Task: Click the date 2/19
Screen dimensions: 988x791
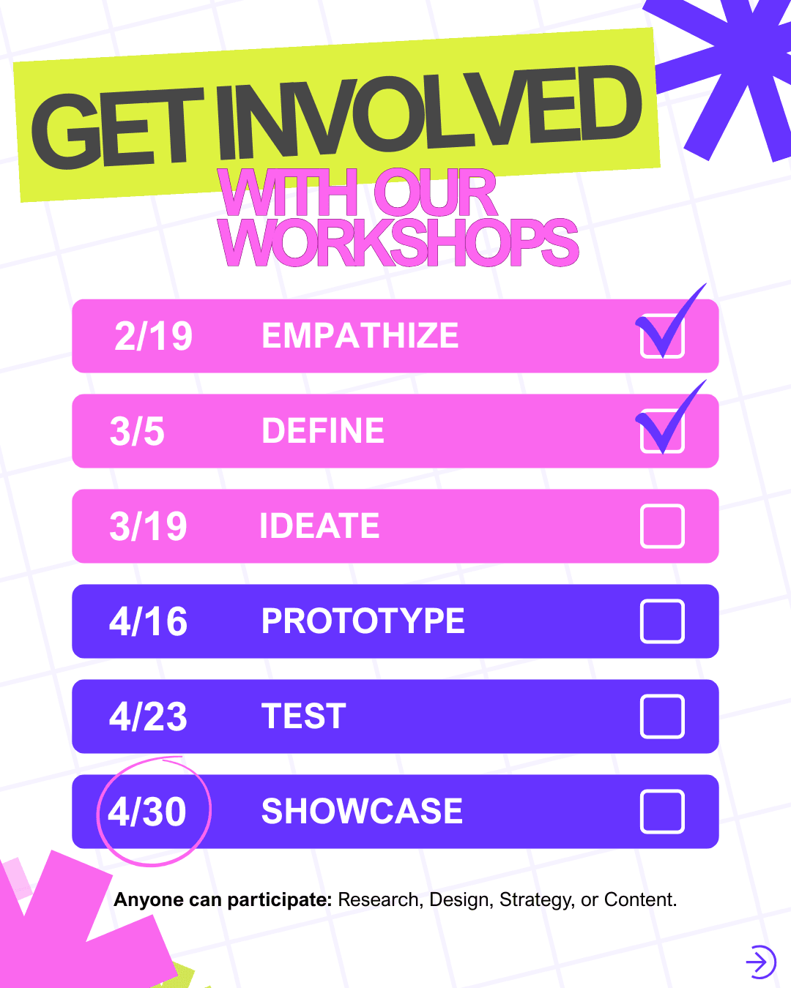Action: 153,337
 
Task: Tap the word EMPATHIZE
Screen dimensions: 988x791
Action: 360,336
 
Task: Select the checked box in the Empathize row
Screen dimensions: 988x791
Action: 662,336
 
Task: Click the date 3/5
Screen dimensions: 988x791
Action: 137,431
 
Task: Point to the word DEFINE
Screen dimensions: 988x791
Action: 323,431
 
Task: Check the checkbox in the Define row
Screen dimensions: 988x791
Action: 662,431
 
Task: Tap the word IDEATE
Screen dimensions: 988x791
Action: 319,526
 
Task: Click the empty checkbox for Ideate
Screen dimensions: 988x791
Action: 662,526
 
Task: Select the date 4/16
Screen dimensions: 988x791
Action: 148,621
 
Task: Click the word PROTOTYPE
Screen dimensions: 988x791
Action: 363,621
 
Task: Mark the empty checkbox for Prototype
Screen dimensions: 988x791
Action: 662,621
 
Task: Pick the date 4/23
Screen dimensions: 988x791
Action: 148,716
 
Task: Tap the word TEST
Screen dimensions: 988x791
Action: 303,716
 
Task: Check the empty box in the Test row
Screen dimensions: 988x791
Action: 662,716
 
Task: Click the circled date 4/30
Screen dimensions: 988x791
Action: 147,812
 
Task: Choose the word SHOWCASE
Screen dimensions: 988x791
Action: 362,812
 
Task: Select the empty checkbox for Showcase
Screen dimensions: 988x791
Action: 662,812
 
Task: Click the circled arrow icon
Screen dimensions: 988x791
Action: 760,962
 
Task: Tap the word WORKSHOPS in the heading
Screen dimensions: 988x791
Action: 398,242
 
